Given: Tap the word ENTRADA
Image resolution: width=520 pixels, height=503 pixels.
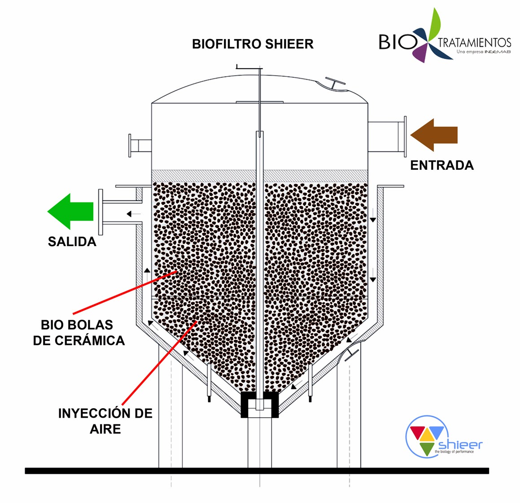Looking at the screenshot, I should point(442,165).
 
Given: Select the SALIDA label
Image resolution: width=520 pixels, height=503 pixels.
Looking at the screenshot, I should point(72,242).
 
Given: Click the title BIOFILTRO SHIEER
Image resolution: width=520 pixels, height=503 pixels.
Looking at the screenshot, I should point(253,44).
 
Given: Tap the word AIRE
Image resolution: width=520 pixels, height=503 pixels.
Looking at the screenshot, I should point(105,429).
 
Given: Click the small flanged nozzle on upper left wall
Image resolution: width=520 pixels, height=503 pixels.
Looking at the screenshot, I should point(131,146).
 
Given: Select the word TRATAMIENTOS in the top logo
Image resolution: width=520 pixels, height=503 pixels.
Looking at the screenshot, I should point(474,43).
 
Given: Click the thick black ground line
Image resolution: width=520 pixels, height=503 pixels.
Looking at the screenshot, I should point(257,471).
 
